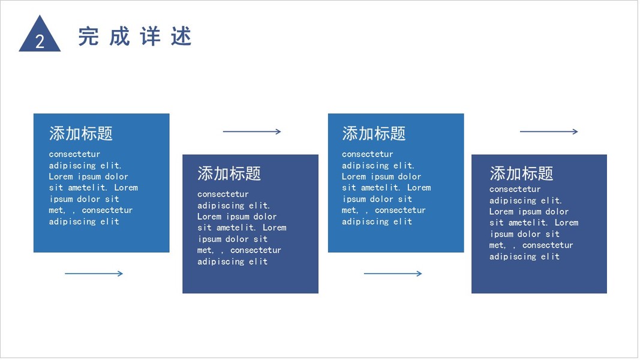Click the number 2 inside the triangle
tap(40, 41)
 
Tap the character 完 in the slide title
tap(88, 37)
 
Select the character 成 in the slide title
tap(119, 37)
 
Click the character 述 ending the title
tap(181, 37)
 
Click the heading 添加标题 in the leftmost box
tap(81, 133)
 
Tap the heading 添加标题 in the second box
tap(229, 173)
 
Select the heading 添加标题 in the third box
tap(374, 133)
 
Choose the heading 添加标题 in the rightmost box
tap(521, 173)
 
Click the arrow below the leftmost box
tap(94, 274)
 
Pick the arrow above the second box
tap(252, 131)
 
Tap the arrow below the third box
tap(393, 274)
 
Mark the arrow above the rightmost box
tap(549, 131)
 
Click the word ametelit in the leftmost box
tap(89, 188)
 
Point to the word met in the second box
tap(205, 250)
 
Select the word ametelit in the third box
tap(381, 188)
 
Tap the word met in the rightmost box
tap(497, 245)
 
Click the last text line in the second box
tap(232, 262)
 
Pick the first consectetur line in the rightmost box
tap(515, 189)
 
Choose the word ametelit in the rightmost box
tap(529, 223)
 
